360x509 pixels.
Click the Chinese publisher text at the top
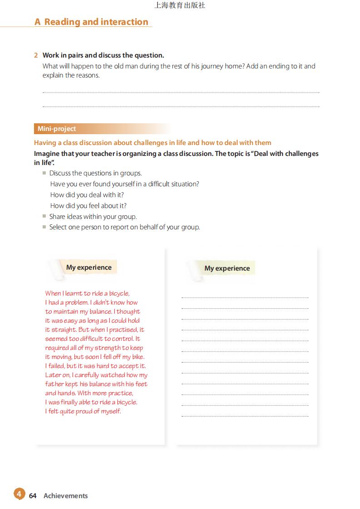pos(180,5)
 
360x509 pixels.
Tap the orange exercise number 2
pos(36,55)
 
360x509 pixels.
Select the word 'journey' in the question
pos(213,66)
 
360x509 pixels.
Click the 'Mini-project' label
pos(57,129)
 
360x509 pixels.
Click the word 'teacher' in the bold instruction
pos(102,154)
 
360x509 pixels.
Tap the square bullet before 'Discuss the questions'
pos(44,173)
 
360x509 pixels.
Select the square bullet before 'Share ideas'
pos(44,216)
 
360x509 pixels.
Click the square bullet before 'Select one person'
pos(44,227)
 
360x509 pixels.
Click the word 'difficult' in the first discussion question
pos(162,184)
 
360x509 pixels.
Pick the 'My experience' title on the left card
pos(89,267)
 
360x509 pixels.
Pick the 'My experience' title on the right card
pos(227,268)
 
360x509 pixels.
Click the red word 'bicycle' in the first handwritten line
pos(119,294)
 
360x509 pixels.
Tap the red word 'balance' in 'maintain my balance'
pos(101,312)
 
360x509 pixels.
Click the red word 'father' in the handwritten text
pos(54,384)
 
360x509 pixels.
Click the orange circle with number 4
pos(19,494)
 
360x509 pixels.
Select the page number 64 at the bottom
pos(33,496)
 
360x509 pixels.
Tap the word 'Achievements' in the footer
pos(66,496)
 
